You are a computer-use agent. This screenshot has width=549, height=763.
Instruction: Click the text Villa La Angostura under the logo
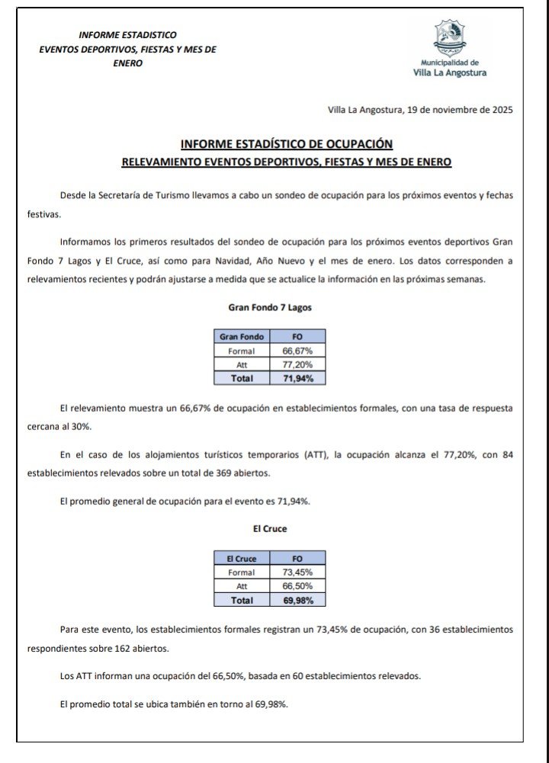point(449,73)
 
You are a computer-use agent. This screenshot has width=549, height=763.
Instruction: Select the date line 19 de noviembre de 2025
point(420,110)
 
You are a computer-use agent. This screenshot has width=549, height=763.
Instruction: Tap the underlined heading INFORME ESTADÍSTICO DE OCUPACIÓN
point(287,143)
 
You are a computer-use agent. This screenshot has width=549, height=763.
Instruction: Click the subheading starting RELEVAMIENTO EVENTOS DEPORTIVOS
point(287,162)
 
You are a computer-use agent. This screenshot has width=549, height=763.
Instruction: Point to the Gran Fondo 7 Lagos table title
point(270,308)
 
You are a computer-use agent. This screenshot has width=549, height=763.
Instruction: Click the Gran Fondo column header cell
point(241,336)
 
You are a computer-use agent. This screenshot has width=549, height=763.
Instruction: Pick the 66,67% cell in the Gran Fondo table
point(297,351)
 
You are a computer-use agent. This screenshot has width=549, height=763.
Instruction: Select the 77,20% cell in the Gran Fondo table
point(297,364)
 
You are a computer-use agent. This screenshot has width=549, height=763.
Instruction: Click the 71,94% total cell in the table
point(297,378)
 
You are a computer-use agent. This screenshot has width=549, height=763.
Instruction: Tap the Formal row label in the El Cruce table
point(241,572)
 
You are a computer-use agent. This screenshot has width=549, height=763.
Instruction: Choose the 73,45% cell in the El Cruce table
point(297,572)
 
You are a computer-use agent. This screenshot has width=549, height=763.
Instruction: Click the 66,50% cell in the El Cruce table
point(297,586)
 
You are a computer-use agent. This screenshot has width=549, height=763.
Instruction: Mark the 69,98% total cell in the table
point(297,601)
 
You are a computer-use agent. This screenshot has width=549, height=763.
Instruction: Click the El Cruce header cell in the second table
point(241,559)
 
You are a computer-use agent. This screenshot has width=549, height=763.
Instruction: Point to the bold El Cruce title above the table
point(270,529)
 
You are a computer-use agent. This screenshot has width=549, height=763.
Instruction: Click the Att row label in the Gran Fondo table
point(241,364)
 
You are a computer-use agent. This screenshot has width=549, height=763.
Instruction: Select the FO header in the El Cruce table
point(297,559)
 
